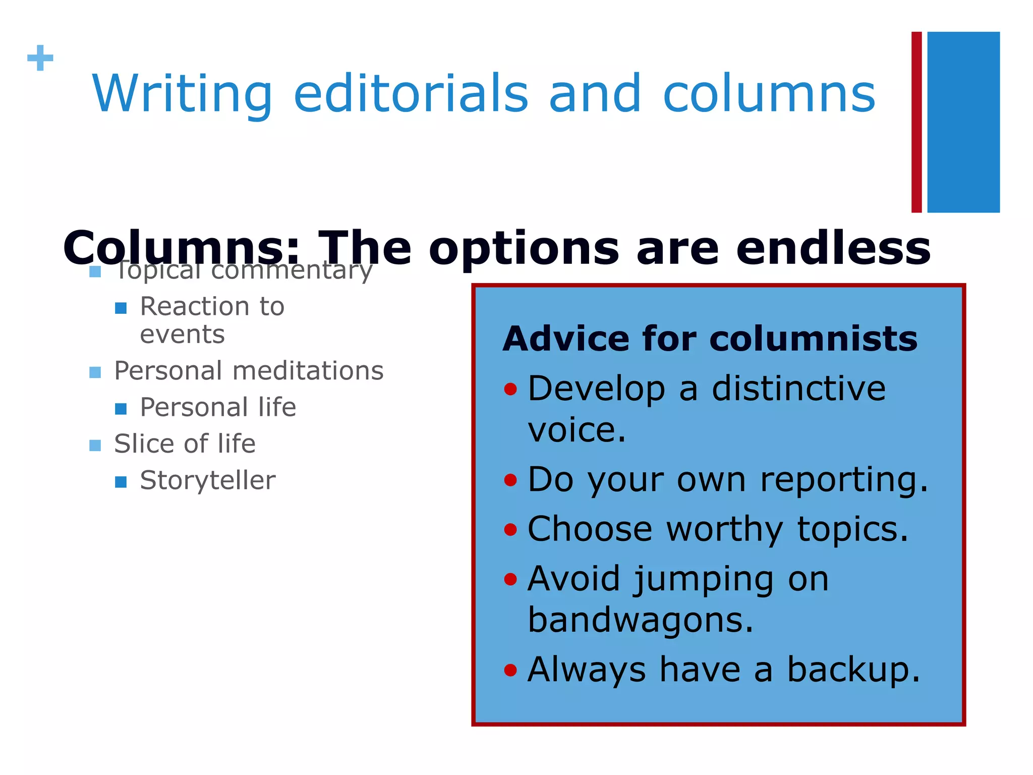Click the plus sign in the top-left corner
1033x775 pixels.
click(x=40, y=58)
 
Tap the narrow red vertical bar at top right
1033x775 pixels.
click(x=916, y=122)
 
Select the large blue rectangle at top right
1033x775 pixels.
click(x=963, y=122)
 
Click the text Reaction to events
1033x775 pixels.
click(x=212, y=320)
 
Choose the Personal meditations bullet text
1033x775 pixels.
click(x=249, y=371)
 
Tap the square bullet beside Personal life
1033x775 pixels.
click(x=121, y=408)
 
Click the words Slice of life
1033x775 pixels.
click(x=185, y=444)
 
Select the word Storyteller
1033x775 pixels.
click(x=207, y=480)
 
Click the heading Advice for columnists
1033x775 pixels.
click(x=710, y=339)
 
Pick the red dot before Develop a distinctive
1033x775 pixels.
click(x=510, y=389)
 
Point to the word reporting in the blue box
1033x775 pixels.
click(x=843, y=479)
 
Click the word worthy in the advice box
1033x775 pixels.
click(x=724, y=529)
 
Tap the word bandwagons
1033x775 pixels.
click(x=640, y=620)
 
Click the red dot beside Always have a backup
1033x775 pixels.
click(x=510, y=670)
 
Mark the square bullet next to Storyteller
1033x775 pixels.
click(x=121, y=481)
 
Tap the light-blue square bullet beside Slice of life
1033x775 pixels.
click(x=95, y=445)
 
